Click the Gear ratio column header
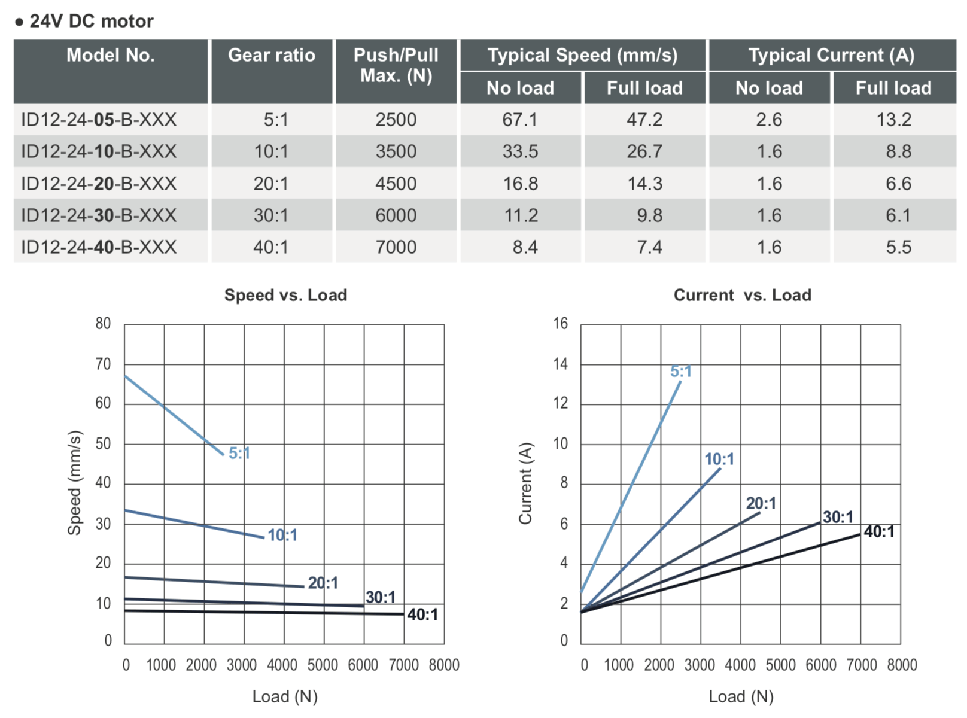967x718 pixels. (x=271, y=56)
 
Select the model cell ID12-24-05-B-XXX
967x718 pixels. (x=99, y=120)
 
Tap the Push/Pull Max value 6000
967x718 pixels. (x=396, y=215)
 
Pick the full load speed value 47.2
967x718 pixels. (x=644, y=120)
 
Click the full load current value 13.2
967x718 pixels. (x=893, y=120)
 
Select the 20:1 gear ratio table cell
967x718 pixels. (x=271, y=184)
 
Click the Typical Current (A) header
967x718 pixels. (x=831, y=56)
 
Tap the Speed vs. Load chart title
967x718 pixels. (x=285, y=295)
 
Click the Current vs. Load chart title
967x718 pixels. (x=742, y=295)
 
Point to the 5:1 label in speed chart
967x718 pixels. (x=239, y=454)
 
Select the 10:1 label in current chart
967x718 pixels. (x=719, y=460)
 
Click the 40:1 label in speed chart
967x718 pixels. (x=422, y=615)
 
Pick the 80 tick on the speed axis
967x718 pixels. (x=103, y=324)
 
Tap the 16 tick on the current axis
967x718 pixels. (x=560, y=324)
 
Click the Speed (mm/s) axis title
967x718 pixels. (x=74, y=482)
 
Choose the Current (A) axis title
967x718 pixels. (x=525, y=483)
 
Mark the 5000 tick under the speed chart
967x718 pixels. (x=323, y=665)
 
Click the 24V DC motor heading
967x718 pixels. (x=91, y=22)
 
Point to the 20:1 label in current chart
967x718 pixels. (x=761, y=504)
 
